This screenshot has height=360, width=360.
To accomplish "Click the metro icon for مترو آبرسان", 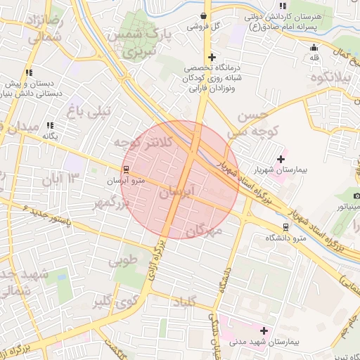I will coord(126,169).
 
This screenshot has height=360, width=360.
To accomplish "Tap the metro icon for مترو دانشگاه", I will coord(285,227).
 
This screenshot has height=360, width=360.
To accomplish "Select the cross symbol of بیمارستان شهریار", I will coord(282,159).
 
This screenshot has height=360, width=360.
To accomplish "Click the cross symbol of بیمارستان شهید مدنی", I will coord(264,330).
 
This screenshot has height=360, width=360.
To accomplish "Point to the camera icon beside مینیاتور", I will coord(357,195).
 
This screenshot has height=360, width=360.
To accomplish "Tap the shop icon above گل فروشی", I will coord(203,15).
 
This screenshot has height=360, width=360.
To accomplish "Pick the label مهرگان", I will coord(205,229).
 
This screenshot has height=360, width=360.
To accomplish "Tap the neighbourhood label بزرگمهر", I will coord(112,204).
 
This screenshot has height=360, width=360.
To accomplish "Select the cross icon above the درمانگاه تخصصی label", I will coord(211,57).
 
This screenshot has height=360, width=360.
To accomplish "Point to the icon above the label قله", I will coord(314,47).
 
